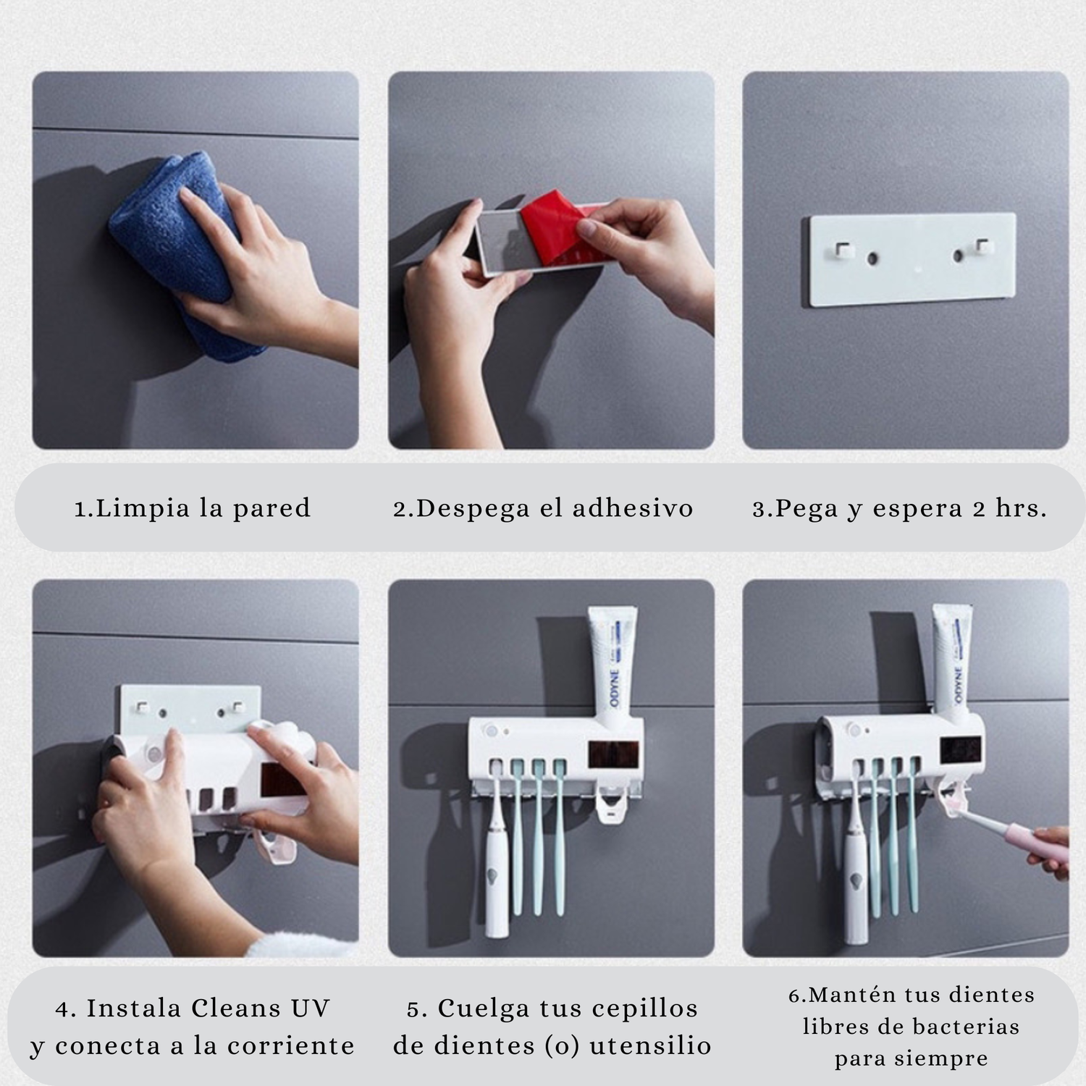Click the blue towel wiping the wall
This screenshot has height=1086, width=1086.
click(181, 253)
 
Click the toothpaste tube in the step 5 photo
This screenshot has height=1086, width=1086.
click(614, 659)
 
